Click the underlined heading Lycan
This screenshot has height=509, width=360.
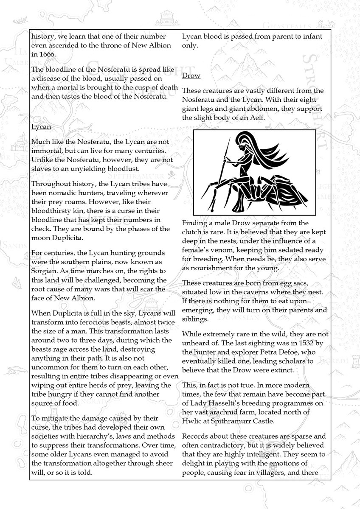tap(40, 127)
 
